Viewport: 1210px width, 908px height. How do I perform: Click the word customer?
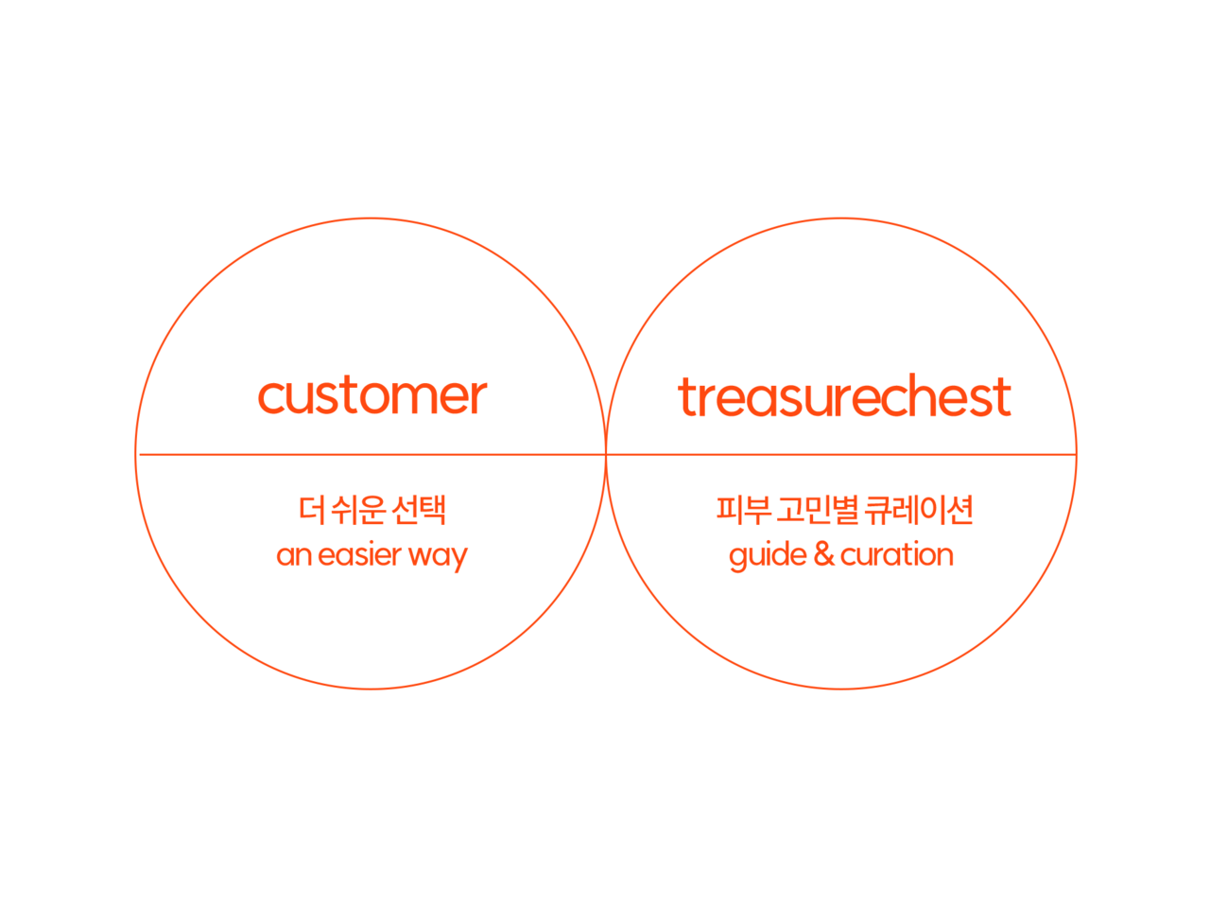point(372,396)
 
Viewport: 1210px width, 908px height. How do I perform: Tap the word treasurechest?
point(844,396)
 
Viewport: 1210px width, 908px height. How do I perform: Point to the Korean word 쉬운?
point(360,511)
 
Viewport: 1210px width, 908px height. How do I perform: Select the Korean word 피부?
point(739,511)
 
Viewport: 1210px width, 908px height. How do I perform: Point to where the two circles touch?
point(606,454)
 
